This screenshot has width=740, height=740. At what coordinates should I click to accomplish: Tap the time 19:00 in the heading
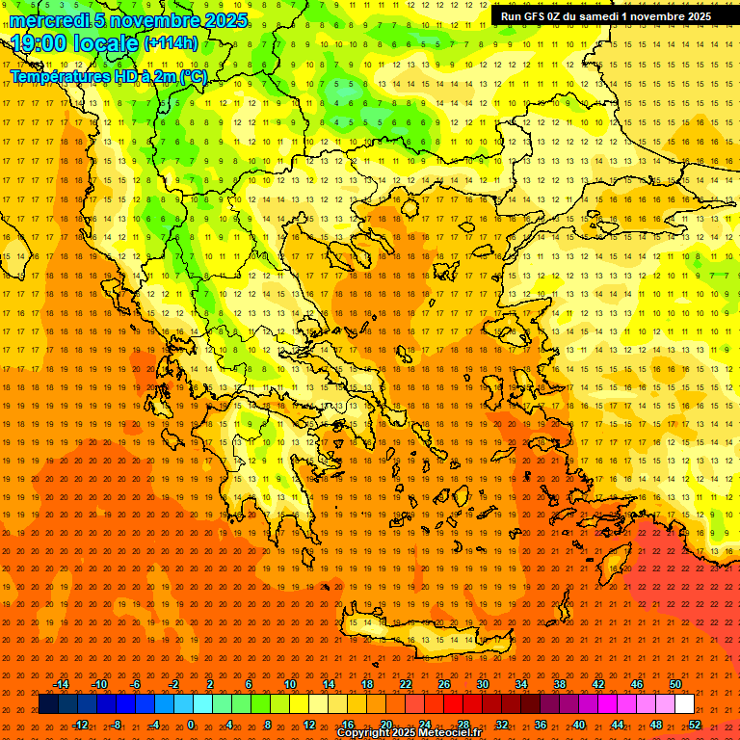[x=39, y=42]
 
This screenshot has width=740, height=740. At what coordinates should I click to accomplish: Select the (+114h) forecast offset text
[x=171, y=42]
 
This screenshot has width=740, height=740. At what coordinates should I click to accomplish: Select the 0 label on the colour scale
[x=191, y=725]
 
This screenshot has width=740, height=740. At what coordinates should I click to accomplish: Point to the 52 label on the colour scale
[x=695, y=725]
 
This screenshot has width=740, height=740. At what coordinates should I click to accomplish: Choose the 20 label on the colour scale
[x=385, y=725]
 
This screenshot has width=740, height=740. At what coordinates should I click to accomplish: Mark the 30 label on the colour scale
[x=482, y=684]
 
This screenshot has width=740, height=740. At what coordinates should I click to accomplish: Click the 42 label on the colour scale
[x=597, y=684]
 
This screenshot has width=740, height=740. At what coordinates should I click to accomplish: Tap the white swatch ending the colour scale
[x=685, y=704]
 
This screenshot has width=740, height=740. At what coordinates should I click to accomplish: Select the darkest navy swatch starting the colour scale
[x=48, y=704]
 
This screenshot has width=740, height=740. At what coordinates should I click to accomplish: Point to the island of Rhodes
[x=614, y=565]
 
